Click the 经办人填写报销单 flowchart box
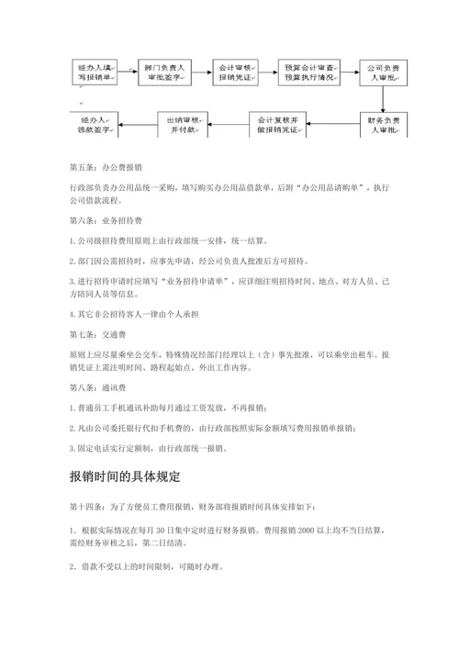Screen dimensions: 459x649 coord(95,73)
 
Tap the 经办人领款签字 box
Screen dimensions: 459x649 coord(95,125)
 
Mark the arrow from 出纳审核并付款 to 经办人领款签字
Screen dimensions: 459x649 coord(139,125)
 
